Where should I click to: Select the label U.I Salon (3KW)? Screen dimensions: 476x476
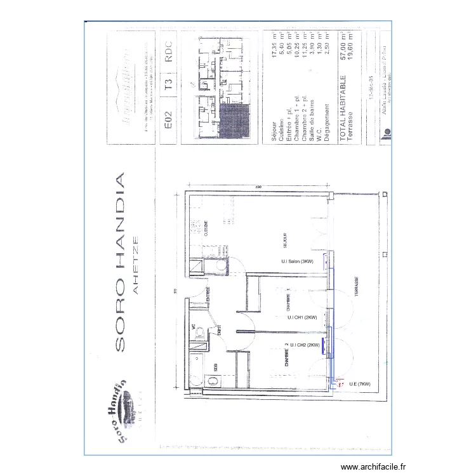tap(298, 261)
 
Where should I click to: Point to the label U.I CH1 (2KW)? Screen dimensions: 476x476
tap(302, 317)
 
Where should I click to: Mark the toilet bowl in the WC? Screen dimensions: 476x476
tap(199, 331)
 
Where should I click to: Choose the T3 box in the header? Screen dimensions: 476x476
tap(168, 86)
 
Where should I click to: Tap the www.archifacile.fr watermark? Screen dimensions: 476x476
tap(367, 466)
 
